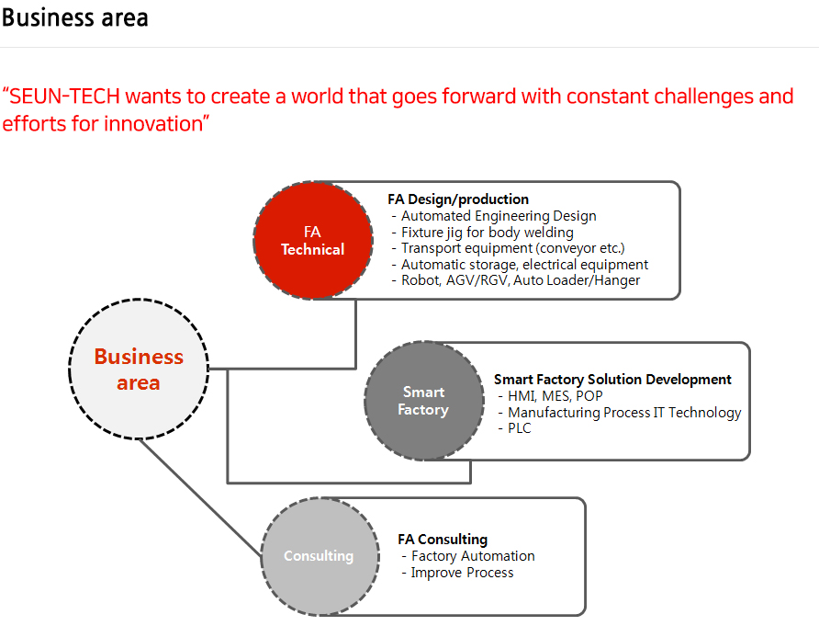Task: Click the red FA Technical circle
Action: click(313, 241)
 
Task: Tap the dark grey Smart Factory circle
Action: click(424, 401)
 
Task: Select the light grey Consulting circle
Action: click(320, 556)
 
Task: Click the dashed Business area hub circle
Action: click(139, 370)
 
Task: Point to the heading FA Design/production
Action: click(458, 199)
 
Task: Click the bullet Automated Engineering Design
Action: click(494, 216)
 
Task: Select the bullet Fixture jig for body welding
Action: click(482, 233)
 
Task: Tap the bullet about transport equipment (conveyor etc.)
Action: click(508, 248)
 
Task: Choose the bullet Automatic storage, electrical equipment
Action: click(520, 265)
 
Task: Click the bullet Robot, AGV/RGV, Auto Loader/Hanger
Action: click(515, 280)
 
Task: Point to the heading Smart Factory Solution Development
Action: click(612, 379)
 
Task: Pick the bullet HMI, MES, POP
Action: click(551, 396)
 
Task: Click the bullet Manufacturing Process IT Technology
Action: click(620, 413)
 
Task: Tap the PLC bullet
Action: click(514, 427)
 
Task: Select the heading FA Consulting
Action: click(443, 540)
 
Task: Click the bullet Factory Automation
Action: click(468, 556)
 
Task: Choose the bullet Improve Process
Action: click(457, 573)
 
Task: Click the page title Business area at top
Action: click(75, 17)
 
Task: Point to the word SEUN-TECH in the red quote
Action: click(65, 97)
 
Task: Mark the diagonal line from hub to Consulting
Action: click(200, 497)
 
